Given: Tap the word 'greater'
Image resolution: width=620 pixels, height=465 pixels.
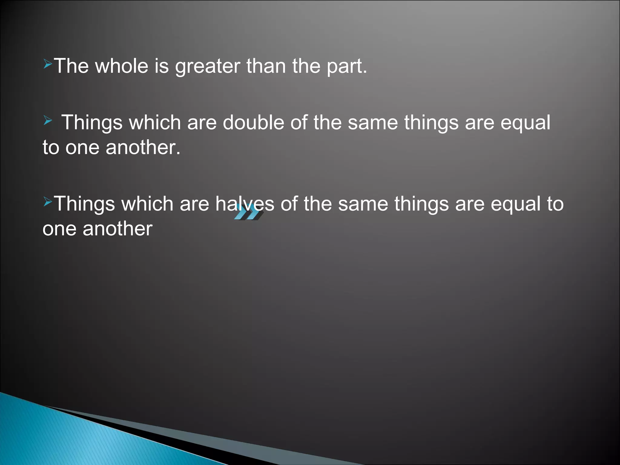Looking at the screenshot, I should click(208, 67).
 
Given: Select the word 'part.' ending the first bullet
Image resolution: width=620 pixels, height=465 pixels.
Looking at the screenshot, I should click(347, 67).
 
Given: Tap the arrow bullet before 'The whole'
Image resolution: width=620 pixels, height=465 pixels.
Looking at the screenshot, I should click(48, 64).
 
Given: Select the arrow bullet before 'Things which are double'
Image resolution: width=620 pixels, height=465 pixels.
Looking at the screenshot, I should click(48, 121).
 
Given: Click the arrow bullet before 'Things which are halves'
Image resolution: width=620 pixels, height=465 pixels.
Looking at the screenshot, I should click(48, 201).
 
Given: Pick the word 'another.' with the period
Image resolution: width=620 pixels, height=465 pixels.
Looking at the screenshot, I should click(143, 148).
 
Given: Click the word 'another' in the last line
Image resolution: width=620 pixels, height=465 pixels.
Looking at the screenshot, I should click(117, 229).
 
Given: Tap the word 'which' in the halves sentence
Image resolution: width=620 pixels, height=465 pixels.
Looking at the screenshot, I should click(147, 203).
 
